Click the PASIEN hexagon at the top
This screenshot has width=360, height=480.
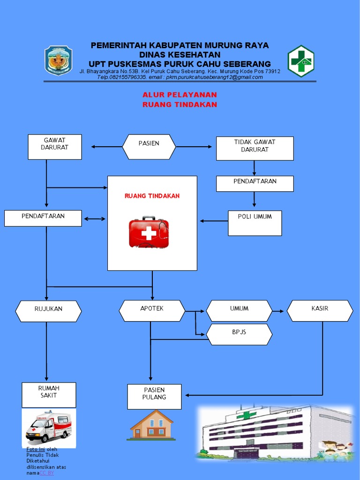pyautogui.click(x=149, y=147)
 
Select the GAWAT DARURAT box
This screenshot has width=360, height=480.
pyautogui.click(x=55, y=147)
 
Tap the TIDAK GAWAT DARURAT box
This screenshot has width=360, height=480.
pyautogui.click(x=255, y=148)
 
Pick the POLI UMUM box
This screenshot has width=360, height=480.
pyautogui.click(x=255, y=223)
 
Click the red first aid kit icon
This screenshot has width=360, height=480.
pyautogui.click(x=148, y=232)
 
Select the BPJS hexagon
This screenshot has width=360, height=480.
pyautogui.click(x=239, y=334)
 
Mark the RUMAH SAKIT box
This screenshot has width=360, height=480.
pyautogui.click(x=49, y=395)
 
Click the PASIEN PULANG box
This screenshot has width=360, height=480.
pyautogui.click(x=154, y=396)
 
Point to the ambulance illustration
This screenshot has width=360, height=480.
pyautogui.click(x=49, y=427)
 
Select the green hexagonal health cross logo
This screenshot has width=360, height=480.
pyautogui.click(x=300, y=61)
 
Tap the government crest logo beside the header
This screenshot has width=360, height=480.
pyautogui.click(x=59, y=60)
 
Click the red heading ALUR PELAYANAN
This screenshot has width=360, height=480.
pyautogui.click(x=180, y=95)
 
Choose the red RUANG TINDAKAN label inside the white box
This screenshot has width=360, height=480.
pyautogui.click(x=152, y=196)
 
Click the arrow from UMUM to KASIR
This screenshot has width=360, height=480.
pyautogui.click(x=278, y=311)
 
